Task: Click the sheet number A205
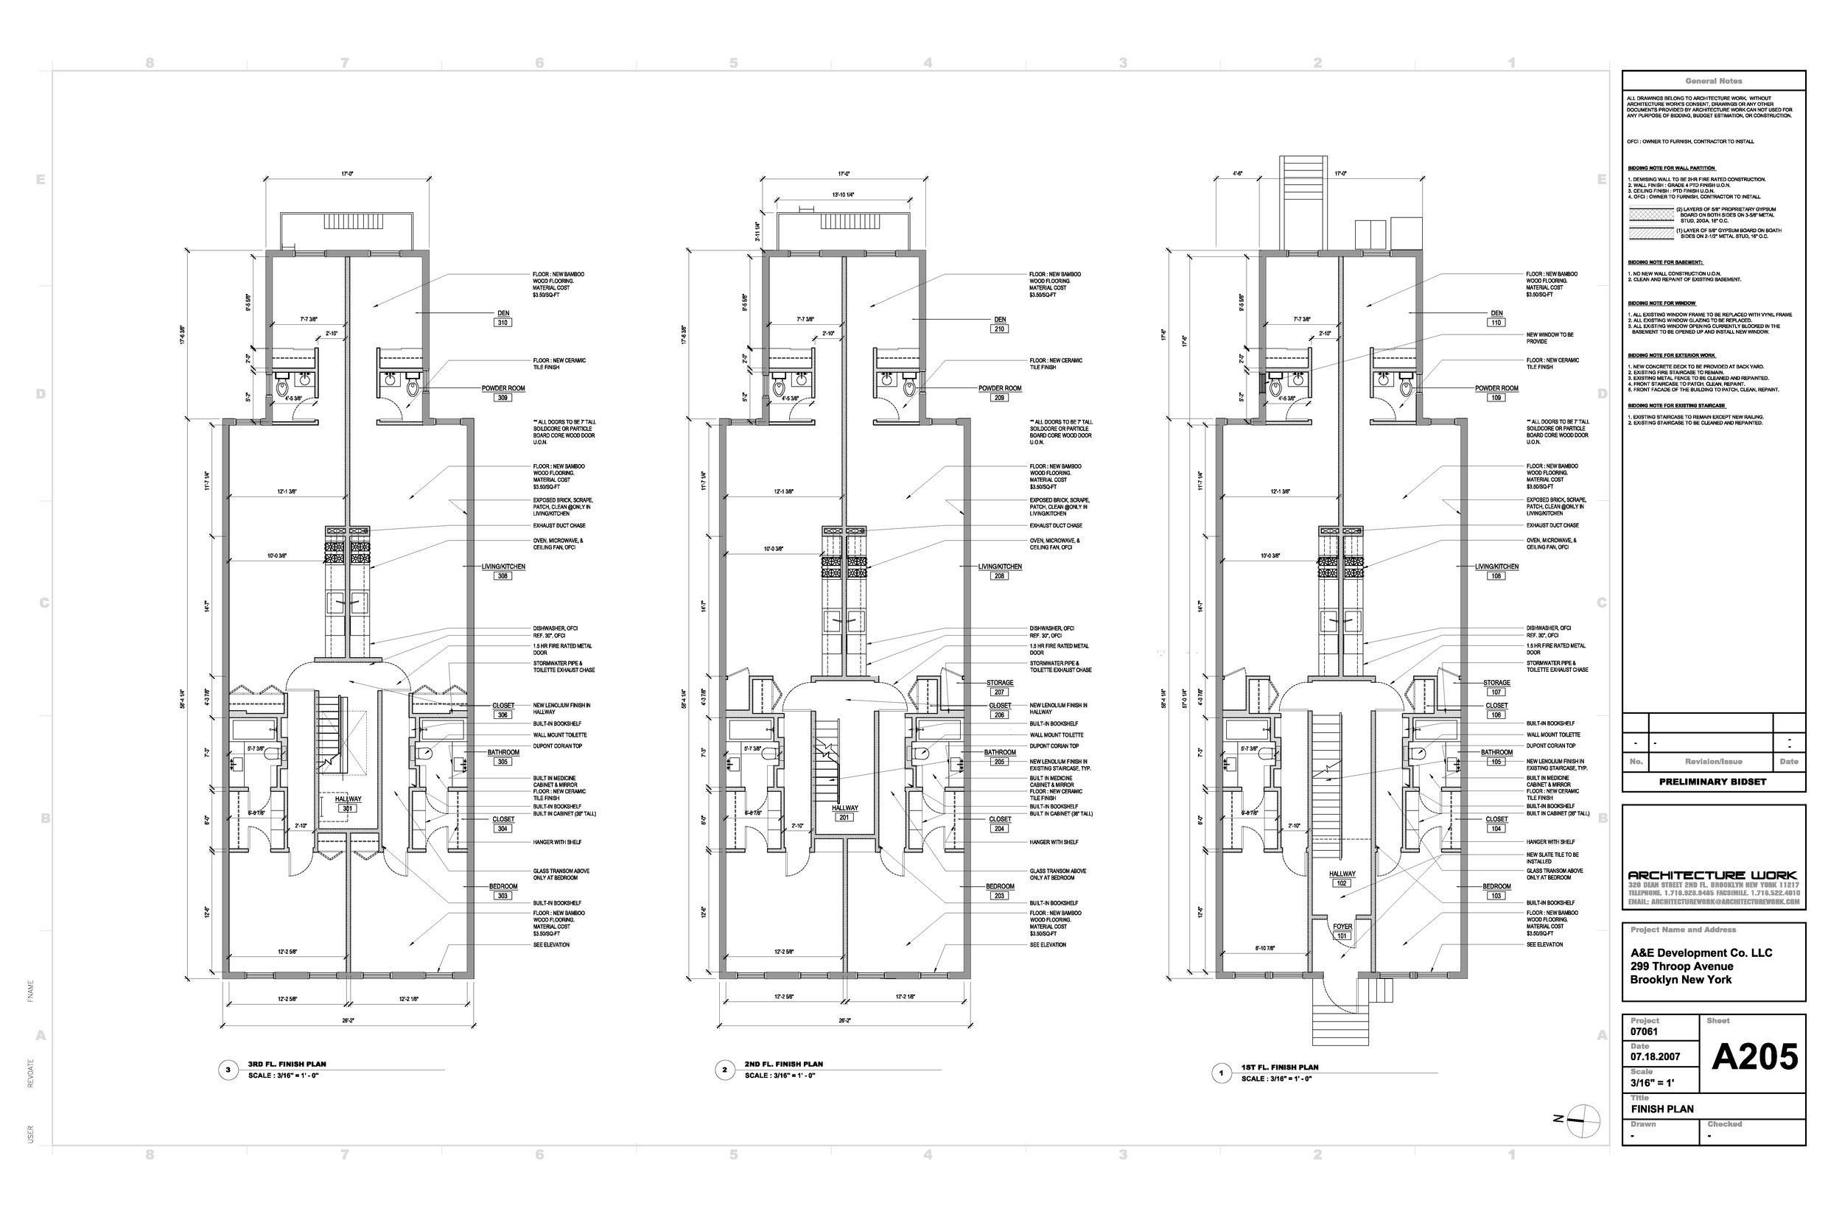click(x=1754, y=1057)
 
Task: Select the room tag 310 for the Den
click(x=502, y=323)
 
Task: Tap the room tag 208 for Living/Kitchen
click(x=999, y=575)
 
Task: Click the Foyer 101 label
click(x=1342, y=930)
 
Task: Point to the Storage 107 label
click(x=1496, y=687)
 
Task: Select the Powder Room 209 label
click(x=999, y=393)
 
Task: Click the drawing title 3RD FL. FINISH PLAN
click(x=287, y=1064)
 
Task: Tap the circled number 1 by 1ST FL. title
click(x=1222, y=1073)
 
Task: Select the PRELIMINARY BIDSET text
click(x=1713, y=782)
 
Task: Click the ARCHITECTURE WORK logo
click(x=1713, y=875)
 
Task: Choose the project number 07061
click(x=1644, y=1031)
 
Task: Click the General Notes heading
click(x=1713, y=82)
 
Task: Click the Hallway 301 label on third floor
click(x=348, y=804)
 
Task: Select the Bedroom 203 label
click(x=999, y=891)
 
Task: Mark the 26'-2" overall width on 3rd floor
click(x=348, y=1020)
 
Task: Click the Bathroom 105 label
click(x=1496, y=757)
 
